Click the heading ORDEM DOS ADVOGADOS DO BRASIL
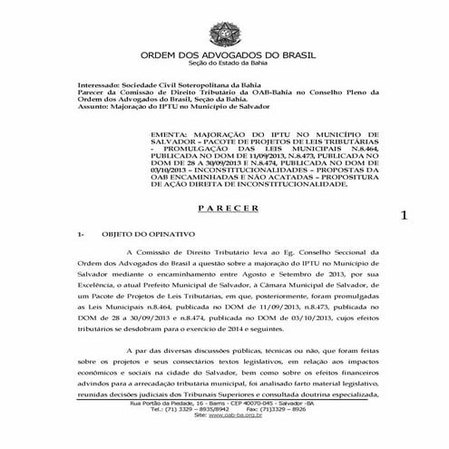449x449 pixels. tap(224, 54)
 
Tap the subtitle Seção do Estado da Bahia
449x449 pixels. tap(224, 64)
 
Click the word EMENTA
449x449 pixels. tap(173, 133)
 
